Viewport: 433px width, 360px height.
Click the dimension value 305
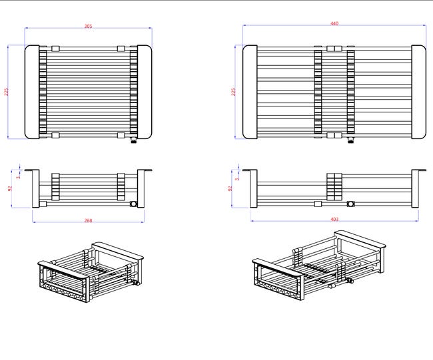[x=88, y=26]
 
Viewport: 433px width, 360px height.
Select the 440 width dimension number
[x=334, y=23]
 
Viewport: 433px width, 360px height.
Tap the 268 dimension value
[x=88, y=220]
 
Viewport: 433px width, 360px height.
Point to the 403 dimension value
[x=334, y=220]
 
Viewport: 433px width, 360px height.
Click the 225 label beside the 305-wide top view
[x=7, y=92]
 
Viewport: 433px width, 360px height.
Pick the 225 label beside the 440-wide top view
[x=233, y=92]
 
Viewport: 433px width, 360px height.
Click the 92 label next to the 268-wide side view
[x=10, y=188]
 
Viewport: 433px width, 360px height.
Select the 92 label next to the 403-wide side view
[x=230, y=188]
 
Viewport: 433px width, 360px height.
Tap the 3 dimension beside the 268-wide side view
[x=18, y=177]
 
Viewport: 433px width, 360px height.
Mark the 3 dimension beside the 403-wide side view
[x=237, y=178]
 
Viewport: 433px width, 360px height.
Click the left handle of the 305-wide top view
[x=32, y=92]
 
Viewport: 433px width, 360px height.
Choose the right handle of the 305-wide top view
[x=145, y=92]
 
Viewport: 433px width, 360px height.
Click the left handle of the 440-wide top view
[x=250, y=92]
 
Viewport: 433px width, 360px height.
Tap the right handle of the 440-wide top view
[x=418, y=92]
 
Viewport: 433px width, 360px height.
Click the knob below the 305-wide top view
[x=133, y=140]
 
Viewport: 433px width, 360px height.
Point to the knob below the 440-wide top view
[x=350, y=140]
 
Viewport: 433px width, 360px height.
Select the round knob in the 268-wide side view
[x=133, y=204]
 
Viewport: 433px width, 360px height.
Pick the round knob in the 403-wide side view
[x=350, y=204]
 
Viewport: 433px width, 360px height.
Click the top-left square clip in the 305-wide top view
[x=55, y=49]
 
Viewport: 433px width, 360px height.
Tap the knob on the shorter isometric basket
[x=135, y=283]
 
